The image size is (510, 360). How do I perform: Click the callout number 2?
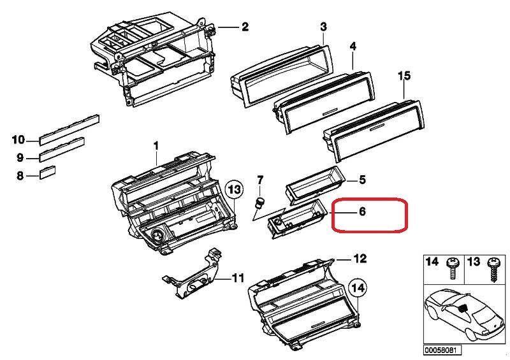tap(245, 26)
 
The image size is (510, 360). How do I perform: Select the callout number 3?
tap(323, 27)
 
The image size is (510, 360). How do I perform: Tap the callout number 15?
tap(404, 76)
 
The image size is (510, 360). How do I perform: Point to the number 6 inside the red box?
tap(362, 212)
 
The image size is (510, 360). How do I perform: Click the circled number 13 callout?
tap(235, 189)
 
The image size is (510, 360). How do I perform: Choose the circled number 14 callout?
tap(358, 288)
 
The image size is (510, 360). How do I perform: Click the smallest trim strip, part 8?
tap(47, 173)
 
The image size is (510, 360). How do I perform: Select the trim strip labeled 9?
tap(62, 150)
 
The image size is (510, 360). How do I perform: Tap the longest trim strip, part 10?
tap(69, 129)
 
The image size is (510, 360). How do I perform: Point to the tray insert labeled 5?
tap(314, 185)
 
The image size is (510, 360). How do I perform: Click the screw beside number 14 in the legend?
tap(453, 268)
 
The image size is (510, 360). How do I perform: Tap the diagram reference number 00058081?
tap(442, 350)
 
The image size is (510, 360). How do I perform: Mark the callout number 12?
tap(360, 259)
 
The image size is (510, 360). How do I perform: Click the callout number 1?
tap(156, 146)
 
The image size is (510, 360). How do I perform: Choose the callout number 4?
tap(353, 46)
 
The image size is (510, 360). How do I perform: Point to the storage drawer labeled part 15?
tap(374, 130)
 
